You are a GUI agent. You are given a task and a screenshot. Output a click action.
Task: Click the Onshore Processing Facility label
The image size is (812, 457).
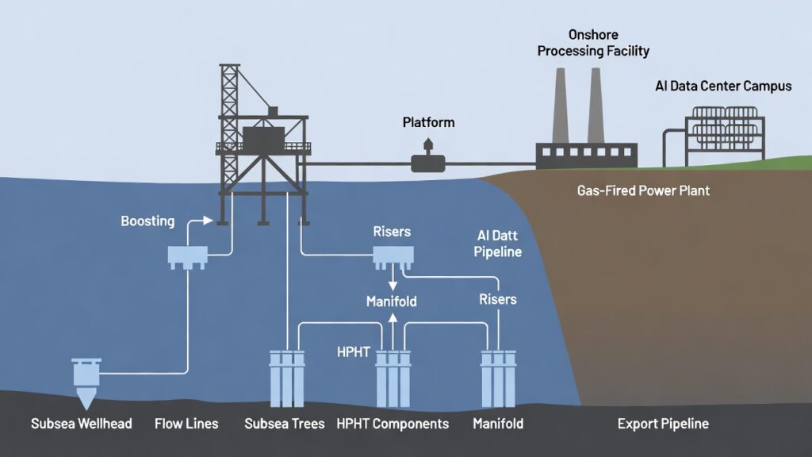tap(593, 43)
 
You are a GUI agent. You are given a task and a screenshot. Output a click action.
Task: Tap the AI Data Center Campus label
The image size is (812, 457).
tap(723, 86)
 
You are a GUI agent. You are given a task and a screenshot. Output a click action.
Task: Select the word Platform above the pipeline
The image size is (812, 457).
tap(428, 122)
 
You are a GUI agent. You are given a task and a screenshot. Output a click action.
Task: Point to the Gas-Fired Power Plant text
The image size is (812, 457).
tap(643, 191)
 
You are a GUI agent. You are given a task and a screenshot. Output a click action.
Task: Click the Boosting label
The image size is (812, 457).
tap(147, 221)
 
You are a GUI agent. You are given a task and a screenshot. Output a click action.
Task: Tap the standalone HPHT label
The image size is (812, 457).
tap(353, 351)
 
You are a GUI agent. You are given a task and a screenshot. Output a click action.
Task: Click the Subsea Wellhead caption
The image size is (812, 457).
tap(82, 424)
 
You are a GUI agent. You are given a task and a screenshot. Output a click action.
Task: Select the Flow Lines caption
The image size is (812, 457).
tap(186, 424)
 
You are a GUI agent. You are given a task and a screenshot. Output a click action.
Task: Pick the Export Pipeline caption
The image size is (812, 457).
tap(663, 424)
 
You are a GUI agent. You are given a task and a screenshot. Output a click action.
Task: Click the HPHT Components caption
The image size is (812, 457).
tap(393, 424)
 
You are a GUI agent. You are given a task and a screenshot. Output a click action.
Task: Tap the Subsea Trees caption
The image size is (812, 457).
tap(285, 424)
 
